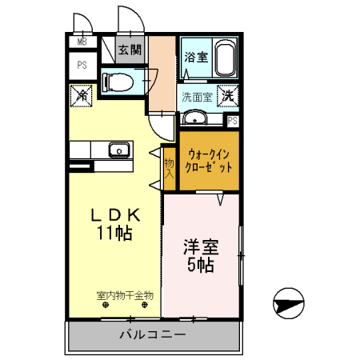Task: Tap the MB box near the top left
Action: pyautogui.click(x=82, y=42)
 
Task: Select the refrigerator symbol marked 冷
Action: pyautogui.click(x=83, y=95)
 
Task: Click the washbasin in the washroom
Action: pyautogui.click(x=194, y=119)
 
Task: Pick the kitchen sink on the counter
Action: pyautogui.click(x=118, y=150)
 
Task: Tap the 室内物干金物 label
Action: pyautogui.click(x=124, y=295)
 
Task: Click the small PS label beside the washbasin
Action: pyautogui.click(x=232, y=121)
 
